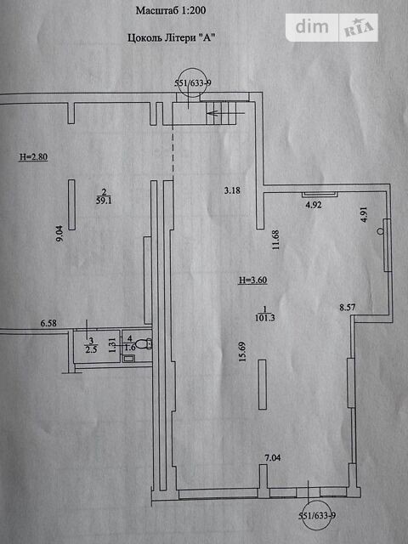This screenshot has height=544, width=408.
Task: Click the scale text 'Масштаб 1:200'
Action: point(171,10)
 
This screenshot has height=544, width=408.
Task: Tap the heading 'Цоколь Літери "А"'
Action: point(172,37)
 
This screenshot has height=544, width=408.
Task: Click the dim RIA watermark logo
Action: point(331,27)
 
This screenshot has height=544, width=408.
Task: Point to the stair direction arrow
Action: point(225,113)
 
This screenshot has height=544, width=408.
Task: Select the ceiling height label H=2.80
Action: point(33,156)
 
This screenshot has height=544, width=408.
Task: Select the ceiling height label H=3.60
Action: point(253,280)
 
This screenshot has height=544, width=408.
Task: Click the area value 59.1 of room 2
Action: point(104,201)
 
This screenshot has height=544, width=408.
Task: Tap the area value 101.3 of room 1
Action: point(265,317)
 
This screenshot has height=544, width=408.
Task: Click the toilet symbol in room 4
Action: point(143,343)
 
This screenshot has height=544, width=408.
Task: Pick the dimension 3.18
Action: point(232,190)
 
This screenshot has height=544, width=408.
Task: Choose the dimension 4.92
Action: point(314,205)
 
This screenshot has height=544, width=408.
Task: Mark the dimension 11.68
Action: point(275,240)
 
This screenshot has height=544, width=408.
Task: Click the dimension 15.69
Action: point(242,352)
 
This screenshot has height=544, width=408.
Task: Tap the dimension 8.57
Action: point(348,307)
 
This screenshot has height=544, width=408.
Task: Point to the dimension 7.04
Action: point(273,458)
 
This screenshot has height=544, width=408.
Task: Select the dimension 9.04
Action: point(59,234)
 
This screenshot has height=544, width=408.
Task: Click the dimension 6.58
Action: point(48,323)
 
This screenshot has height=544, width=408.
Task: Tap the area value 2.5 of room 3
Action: point(91,349)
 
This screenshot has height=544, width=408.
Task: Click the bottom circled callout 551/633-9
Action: point(317,515)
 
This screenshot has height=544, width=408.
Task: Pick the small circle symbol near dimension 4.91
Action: point(381,231)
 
